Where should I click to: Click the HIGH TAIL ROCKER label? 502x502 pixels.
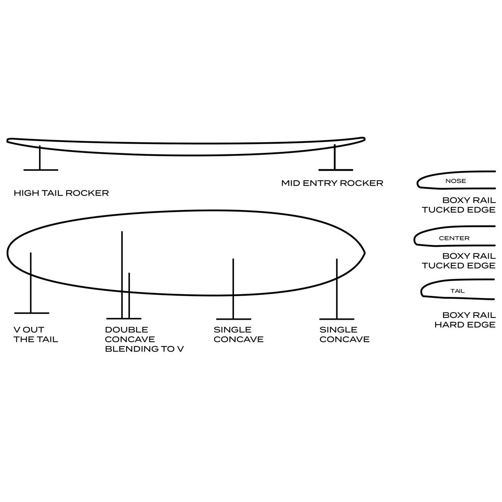61,193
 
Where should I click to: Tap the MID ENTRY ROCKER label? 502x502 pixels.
332,183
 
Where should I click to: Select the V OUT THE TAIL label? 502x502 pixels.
36,334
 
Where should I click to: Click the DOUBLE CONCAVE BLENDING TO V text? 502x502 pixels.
144,339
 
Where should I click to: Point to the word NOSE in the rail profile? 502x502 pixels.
456,181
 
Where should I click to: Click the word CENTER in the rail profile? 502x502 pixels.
454,238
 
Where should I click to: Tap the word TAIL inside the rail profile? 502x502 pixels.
457,291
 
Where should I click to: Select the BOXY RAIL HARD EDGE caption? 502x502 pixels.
465,320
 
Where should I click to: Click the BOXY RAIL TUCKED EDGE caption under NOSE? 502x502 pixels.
459,205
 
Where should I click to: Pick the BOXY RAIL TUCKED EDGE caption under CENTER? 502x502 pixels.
459,261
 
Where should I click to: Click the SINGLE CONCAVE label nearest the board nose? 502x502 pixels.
344,334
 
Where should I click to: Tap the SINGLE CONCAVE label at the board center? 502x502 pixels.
239,334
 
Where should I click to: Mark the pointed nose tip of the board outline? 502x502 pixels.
364,253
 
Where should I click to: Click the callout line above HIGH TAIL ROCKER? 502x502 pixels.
40,158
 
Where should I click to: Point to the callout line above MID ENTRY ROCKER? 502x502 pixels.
335,157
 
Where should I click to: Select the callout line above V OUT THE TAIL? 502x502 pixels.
31,283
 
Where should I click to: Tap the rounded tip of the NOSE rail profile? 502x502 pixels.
418,183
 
